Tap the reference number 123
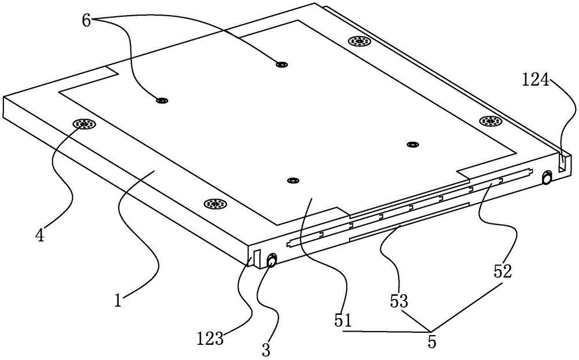[x=210, y=338]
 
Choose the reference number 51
[x=344, y=319]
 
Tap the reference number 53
[x=399, y=302]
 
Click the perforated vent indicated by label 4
[x=85, y=124]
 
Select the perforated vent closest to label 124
[x=491, y=121]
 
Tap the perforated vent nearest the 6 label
[x=360, y=41]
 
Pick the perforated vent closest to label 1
[x=215, y=204]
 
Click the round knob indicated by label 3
[x=271, y=261]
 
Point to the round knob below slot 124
[x=546, y=178]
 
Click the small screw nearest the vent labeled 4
[x=162, y=101]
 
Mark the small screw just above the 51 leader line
[x=293, y=181]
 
